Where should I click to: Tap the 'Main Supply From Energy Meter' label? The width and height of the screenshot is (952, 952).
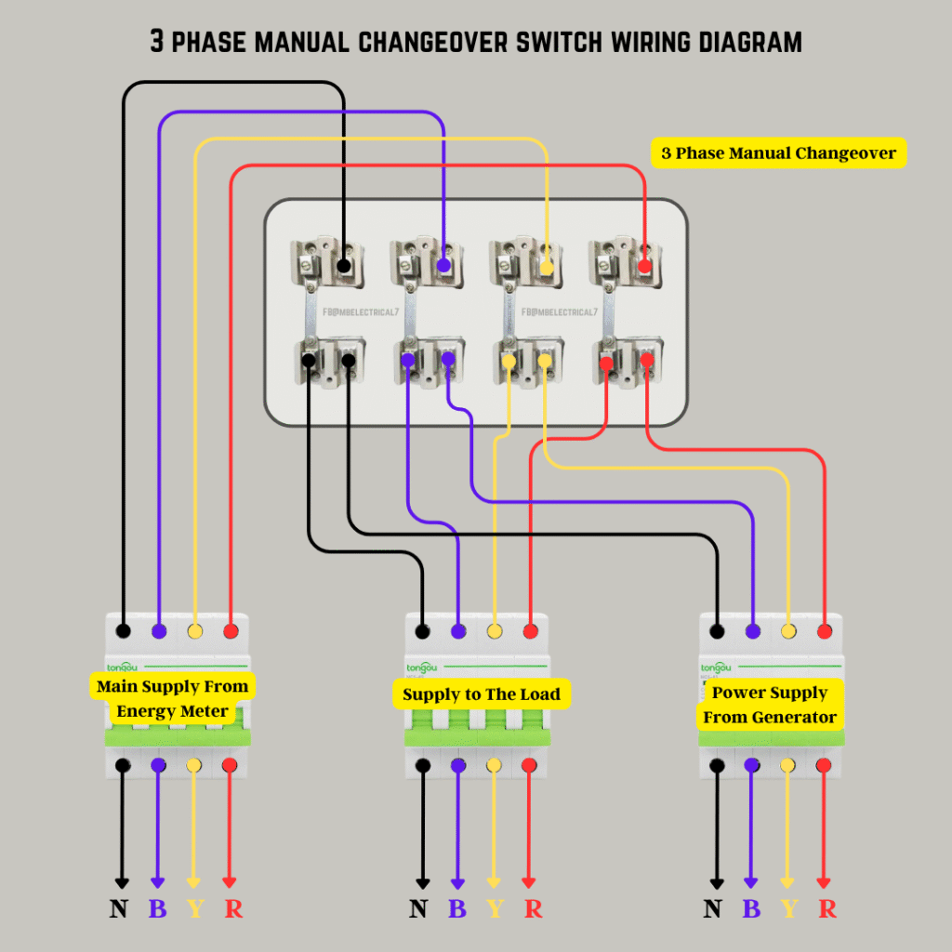tap(173, 699)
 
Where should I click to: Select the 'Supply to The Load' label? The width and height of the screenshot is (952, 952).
tap(482, 694)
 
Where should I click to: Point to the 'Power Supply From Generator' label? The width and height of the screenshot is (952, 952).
tap(770, 705)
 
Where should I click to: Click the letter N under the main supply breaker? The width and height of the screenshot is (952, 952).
tap(119, 908)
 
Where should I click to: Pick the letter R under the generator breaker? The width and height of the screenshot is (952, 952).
tap(826, 908)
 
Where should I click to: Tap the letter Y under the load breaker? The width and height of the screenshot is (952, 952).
tap(495, 908)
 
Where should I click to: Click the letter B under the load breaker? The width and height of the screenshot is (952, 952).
tap(457, 908)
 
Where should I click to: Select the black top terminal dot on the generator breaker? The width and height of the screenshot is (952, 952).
tap(717, 632)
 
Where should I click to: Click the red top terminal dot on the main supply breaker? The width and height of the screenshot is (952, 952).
tap(231, 632)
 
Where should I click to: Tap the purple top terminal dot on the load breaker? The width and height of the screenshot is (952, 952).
tap(458, 632)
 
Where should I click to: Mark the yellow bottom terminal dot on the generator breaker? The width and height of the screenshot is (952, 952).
tap(787, 766)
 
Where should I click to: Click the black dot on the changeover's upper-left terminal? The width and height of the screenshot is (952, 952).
tap(344, 267)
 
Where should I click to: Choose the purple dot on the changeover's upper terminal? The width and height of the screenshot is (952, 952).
tap(444, 267)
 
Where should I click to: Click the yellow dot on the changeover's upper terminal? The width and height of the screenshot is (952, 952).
tap(547, 268)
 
